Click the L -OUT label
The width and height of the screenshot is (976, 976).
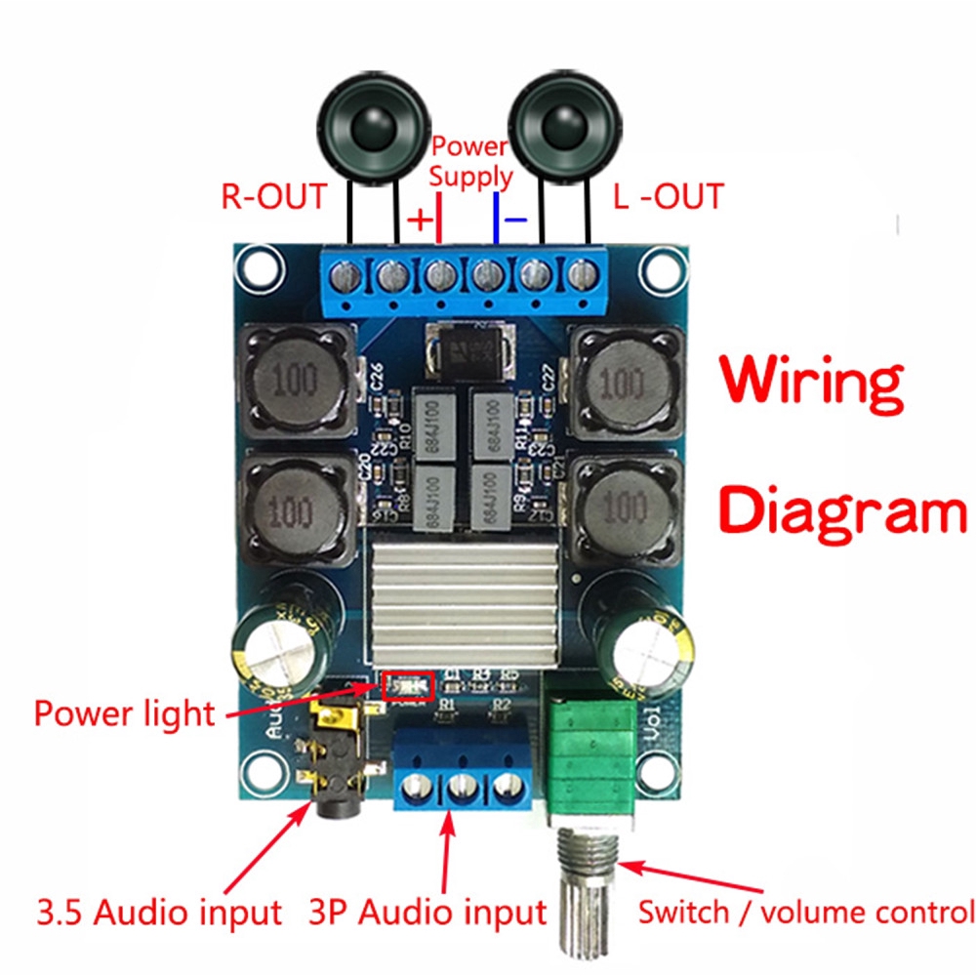point(669,196)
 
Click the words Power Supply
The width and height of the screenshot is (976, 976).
point(470,162)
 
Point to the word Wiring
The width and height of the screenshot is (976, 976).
point(812,381)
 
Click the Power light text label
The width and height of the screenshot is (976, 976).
point(124,712)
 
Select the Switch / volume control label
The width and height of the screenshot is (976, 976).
point(805,913)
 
